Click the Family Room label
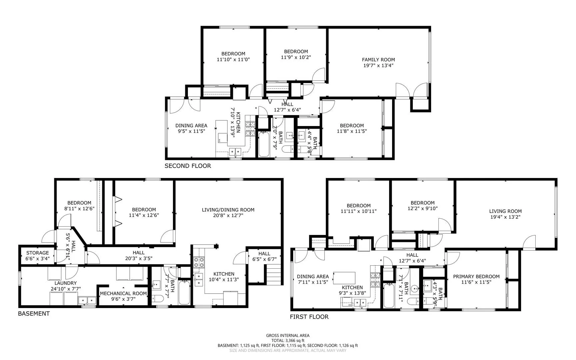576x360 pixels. click(378, 60)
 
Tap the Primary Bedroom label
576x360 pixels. click(476, 276)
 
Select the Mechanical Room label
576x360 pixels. click(123, 293)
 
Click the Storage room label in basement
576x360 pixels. click(38, 253)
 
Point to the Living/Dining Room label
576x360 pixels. click(228, 210)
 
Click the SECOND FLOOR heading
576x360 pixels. click(188, 166)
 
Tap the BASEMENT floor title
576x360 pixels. click(34, 313)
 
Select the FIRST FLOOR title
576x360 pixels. click(309, 317)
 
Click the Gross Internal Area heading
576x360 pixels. click(288, 335)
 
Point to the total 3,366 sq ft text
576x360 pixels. click(288, 340)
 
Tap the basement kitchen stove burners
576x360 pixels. click(199, 263)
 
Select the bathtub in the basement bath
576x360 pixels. click(184, 292)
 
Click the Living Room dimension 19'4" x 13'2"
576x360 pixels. click(505, 217)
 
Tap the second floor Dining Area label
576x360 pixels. click(191, 125)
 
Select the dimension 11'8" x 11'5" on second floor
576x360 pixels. click(352, 131)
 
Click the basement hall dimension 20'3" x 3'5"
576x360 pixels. click(139, 258)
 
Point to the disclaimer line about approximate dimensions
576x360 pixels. click(288, 350)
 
